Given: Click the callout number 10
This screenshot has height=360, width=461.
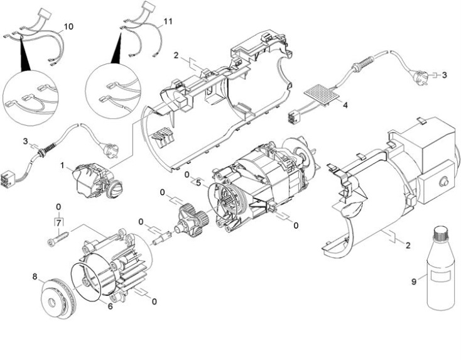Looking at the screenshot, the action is pos(68,27).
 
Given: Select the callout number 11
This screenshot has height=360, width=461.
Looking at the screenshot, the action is pos(168,21).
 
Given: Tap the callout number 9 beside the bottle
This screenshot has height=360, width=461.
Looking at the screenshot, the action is pos(414,281).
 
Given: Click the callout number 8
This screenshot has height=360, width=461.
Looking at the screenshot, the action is pos(35,277).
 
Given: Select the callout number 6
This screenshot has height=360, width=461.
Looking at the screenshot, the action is pos(111,306).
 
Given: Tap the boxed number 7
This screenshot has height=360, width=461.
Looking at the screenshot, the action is pos(58,222).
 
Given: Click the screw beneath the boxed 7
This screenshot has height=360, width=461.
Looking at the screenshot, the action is pos(58,238).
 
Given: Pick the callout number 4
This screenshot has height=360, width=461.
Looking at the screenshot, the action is pos(345,105).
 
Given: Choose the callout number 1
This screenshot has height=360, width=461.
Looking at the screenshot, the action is pos(62,166).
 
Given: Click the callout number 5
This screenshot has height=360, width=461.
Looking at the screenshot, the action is pos(198,183).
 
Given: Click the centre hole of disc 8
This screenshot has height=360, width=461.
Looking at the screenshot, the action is pos(53,303).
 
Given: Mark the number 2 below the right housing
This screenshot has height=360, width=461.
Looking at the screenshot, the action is pos(408,245).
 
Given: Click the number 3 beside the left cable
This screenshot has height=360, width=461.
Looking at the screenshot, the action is pos(26,141).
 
